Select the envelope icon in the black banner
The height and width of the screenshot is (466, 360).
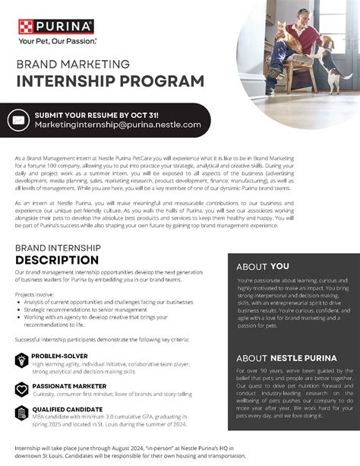pos(18,119)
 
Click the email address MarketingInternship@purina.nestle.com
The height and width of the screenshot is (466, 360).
pos(118,124)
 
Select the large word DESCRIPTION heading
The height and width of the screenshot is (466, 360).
pos(62,260)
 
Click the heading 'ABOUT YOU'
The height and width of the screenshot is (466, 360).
pos(262,267)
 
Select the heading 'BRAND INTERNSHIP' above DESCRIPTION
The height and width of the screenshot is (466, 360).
pos(60,248)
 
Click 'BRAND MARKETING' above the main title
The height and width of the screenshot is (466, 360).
pos(73,65)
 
